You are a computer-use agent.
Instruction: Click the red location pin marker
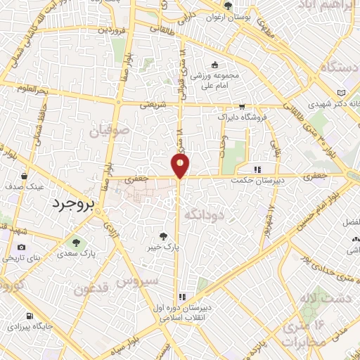coord(181,165)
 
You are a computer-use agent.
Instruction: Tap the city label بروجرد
coord(68,203)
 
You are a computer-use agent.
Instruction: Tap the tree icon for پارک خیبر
coord(164,238)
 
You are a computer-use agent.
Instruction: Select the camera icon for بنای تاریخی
coord(22,247)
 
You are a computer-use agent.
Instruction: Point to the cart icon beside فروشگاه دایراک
coord(242,108)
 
